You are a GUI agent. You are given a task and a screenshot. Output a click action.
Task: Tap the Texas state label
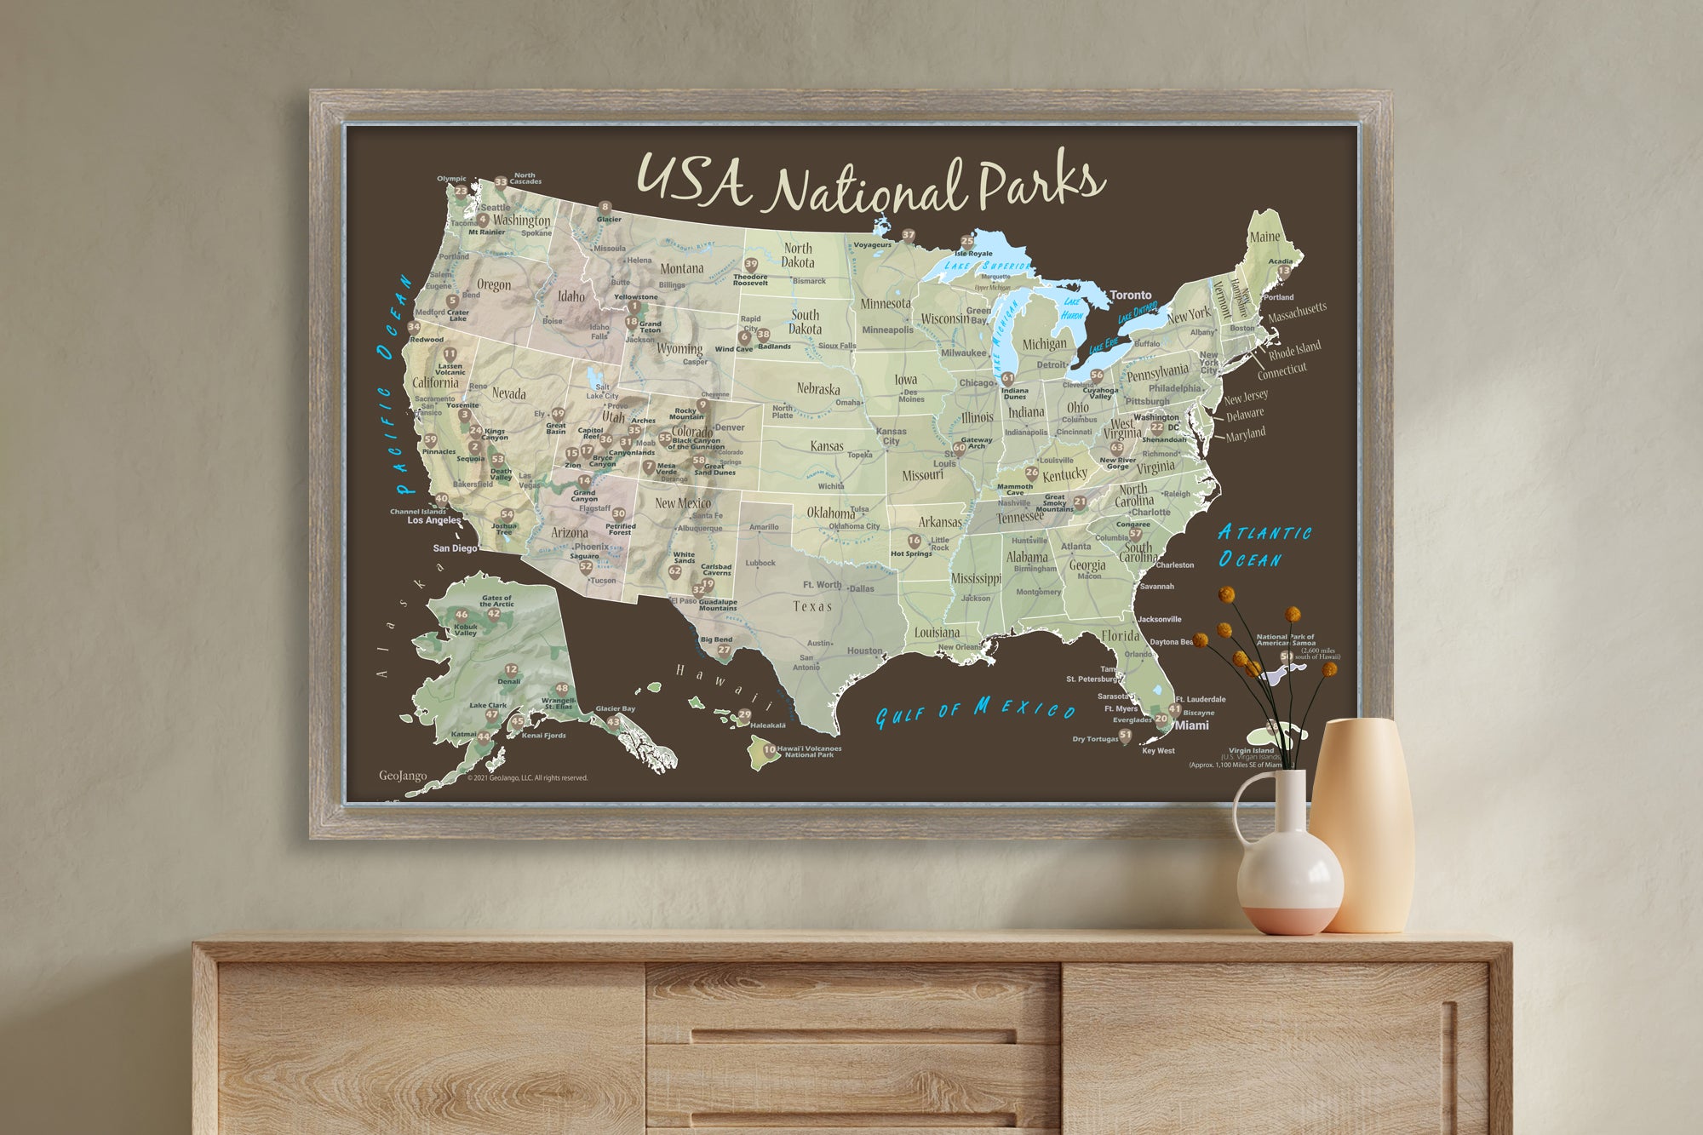point(811,606)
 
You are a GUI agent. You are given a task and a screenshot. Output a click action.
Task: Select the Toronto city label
point(1130,295)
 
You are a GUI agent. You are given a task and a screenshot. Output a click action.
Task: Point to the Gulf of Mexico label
point(975,710)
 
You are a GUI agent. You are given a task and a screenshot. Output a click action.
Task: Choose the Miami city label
point(1191,725)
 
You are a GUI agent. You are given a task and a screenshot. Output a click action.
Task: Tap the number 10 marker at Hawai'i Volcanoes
point(769,750)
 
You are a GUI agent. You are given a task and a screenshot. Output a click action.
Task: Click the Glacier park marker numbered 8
point(605,207)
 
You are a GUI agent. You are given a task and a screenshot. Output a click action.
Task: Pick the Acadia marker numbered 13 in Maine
point(1283,272)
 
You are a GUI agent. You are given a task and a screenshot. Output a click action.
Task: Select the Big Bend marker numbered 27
point(724,650)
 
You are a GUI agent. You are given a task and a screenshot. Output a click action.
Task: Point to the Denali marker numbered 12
point(511,670)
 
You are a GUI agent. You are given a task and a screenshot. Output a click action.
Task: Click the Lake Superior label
point(988,266)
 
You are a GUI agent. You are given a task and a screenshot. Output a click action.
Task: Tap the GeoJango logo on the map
point(402,776)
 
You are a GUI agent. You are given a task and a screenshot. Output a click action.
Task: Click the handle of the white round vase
point(1244,808)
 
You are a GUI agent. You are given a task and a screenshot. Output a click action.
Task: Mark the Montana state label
point(682,268)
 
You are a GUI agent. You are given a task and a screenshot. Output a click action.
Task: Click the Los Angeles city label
point(433,520)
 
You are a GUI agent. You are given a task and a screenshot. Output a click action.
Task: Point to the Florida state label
point(1120,636)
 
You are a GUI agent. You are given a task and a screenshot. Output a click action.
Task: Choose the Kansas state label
point(826,446)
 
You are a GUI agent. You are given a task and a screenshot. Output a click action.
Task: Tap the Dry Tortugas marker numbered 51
point(1125,735)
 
